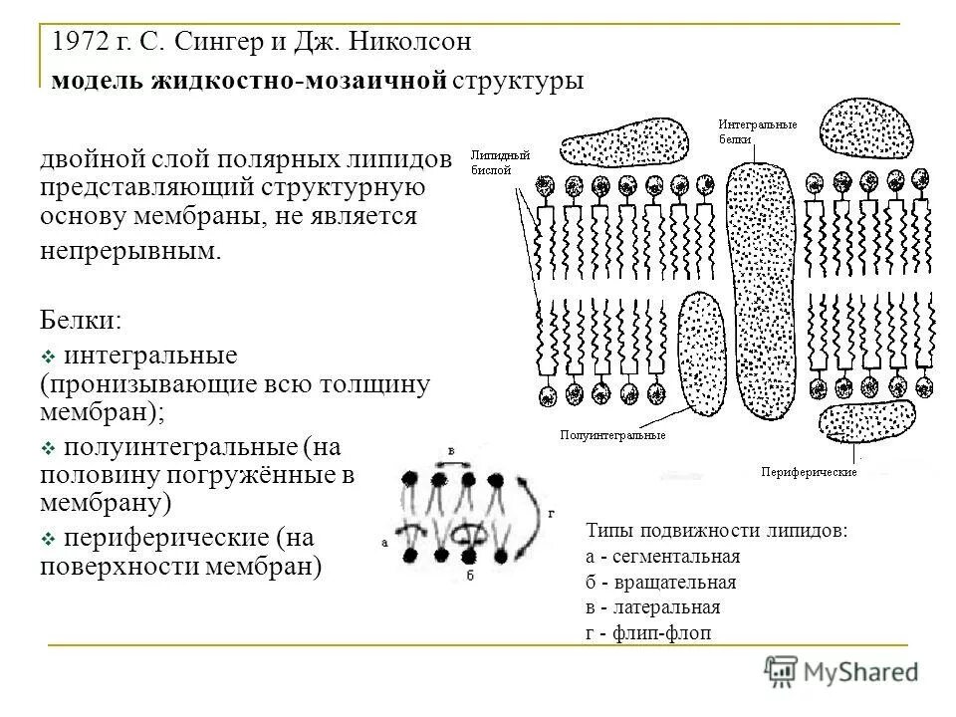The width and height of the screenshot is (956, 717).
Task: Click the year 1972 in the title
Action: (81, 43)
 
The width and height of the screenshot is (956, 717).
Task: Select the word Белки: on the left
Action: (82, 321)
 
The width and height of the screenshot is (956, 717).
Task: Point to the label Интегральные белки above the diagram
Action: (758, 132)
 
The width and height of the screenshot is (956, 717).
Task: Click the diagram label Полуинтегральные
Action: (611, 434)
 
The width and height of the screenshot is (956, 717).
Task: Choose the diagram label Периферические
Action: (808, 471)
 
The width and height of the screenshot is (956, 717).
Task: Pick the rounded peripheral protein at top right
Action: (869, 128)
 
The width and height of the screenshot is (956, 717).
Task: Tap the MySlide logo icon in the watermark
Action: (780, 671)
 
